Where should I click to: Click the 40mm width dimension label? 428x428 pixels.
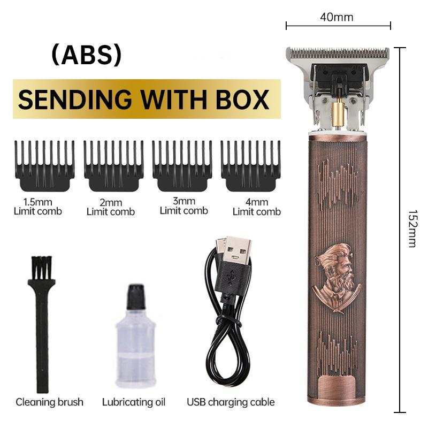tap(337, 17)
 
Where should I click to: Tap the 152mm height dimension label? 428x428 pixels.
tap(412, 228)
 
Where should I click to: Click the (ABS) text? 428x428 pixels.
tap(87, 55)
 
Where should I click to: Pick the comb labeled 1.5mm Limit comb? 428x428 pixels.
tap(44, 165)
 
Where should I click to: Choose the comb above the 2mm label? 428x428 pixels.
tap(113, 165)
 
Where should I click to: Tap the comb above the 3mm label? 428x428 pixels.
tap(182, 165)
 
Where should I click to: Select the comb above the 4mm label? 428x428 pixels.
tap(250, 165)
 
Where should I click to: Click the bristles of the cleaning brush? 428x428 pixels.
tap(42, 268)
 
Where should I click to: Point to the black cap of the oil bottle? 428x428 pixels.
tap(136, 297)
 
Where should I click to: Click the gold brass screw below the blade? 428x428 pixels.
tap(338, 113)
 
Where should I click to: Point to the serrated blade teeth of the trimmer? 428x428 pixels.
tap(338, 51)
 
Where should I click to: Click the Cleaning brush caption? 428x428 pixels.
tap(49, 402)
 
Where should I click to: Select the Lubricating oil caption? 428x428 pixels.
tap(134, 402)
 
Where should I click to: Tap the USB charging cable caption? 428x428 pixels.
tap(231, 402)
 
